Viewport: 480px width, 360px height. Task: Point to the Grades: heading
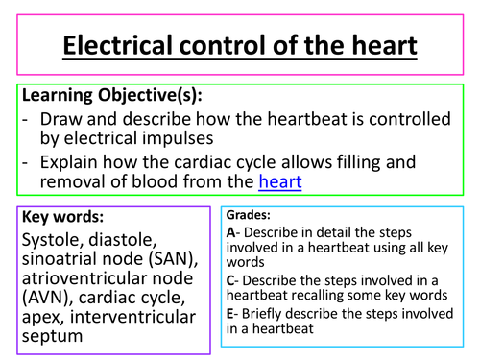(x=249, y=216)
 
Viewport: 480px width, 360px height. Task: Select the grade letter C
(x=231, y=277)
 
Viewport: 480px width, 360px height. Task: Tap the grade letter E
(x=231, y=311)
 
